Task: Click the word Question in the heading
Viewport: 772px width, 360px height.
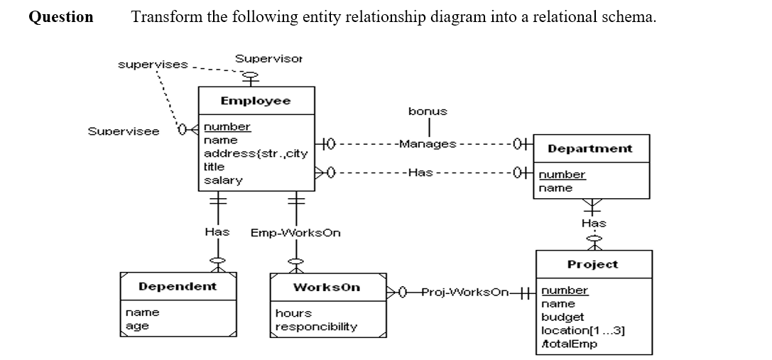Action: [61, 17]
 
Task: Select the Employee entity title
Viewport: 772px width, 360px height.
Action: [255, 101]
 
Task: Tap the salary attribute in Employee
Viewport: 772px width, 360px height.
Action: [223, 180]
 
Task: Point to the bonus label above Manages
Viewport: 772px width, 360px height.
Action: [428, 111]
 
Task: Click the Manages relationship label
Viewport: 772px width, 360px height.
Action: [427, 144]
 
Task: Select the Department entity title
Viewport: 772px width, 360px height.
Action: [590, 148]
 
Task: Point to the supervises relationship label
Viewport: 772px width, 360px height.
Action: [153, 65]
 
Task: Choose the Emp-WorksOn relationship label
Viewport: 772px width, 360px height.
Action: [295, 232]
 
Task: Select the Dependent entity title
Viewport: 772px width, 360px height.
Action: [178, 286]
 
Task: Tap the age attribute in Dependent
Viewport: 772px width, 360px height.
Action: [136, 326]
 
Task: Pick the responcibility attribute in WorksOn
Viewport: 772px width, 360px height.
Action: [316, 327]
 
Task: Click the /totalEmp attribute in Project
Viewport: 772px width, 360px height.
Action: [569, 344]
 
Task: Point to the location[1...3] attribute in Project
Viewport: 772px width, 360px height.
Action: [583, 330]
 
